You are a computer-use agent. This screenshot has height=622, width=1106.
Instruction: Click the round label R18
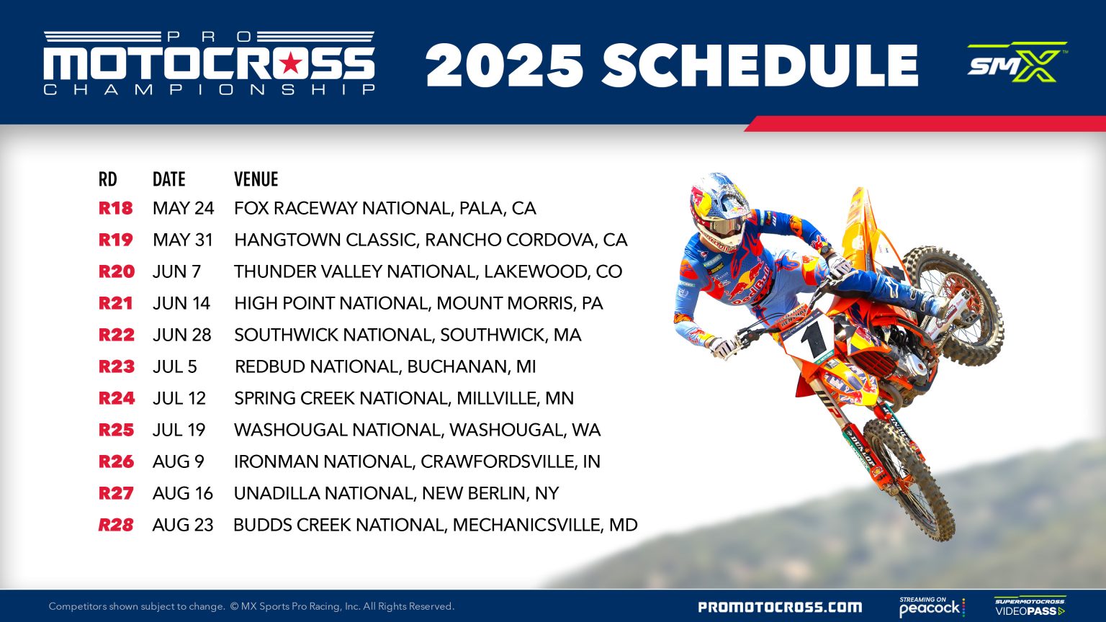coord(116,208)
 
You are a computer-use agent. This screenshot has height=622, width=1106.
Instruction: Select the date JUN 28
coord(181,335)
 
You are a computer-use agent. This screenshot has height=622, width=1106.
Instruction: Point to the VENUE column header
coord(256,179)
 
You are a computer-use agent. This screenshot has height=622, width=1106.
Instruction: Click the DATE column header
coord(168,179)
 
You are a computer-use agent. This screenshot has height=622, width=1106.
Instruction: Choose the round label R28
coord(116,525)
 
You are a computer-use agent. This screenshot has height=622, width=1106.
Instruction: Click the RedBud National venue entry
coord(385,366)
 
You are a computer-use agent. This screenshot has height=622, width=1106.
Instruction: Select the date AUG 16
coord(183,493)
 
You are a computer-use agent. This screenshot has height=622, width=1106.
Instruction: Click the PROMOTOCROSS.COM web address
coord(780,607)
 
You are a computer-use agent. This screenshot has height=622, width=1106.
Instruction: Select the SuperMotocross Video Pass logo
coord(1030,606)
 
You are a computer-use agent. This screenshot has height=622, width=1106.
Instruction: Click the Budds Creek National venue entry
coord(435,525)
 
